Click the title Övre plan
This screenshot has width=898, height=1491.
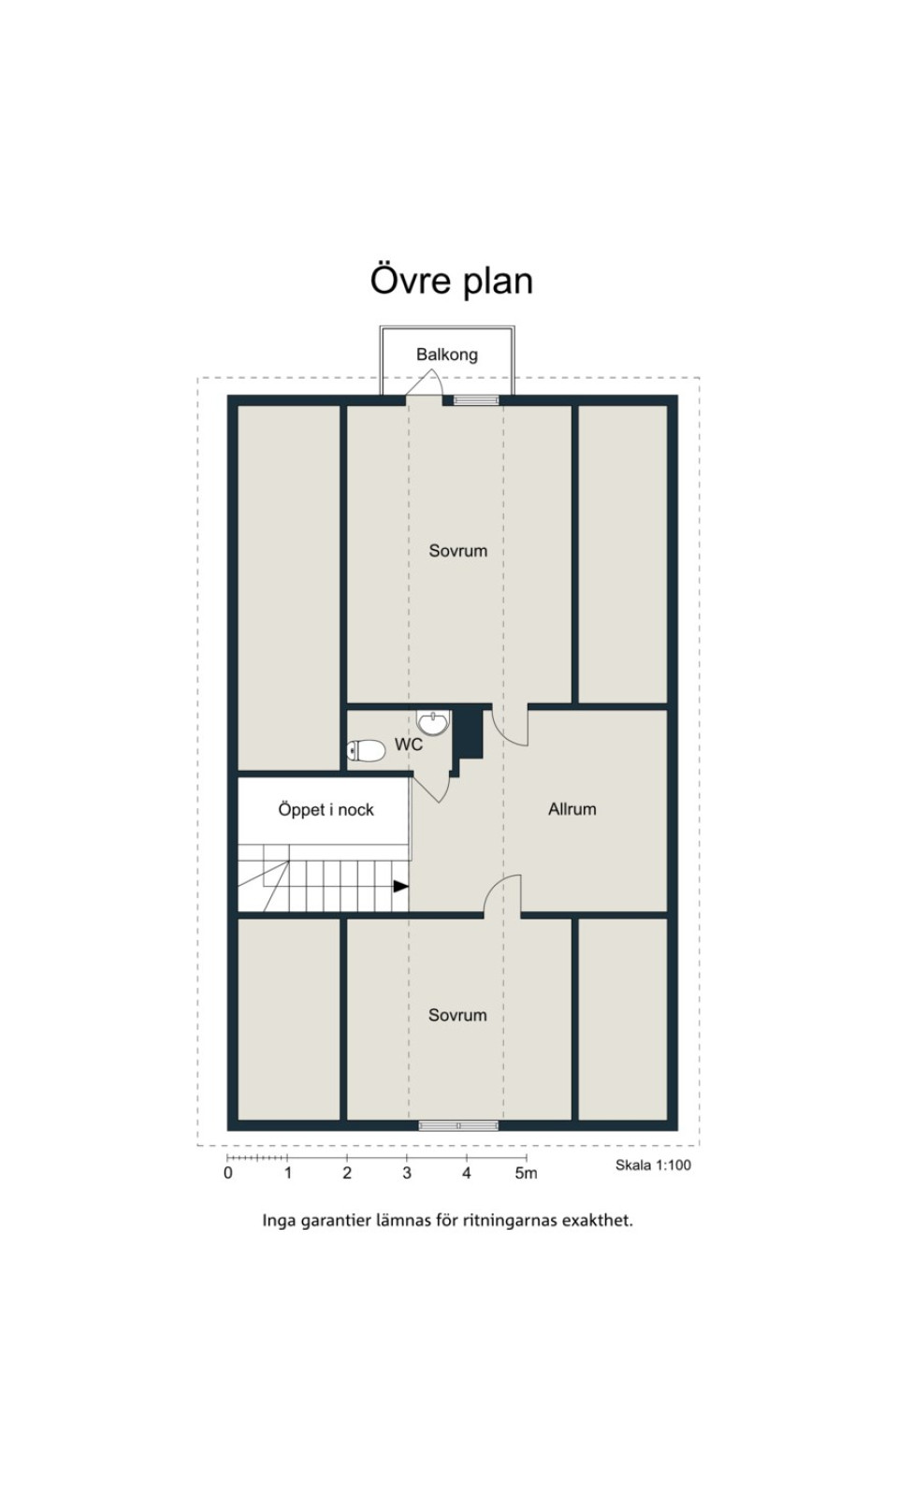451,281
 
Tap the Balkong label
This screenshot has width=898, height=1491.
447,355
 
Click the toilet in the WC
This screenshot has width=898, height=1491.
366,751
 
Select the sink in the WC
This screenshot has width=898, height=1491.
433,722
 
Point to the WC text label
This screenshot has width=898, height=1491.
408,745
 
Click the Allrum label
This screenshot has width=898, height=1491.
572,809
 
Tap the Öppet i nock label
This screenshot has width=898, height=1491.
326,810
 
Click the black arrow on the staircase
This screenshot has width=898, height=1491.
400,886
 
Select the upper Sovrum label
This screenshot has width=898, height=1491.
457,550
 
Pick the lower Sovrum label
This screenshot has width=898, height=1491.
457,1015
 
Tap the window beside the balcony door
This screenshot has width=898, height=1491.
476,400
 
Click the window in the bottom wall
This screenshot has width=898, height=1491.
458,1125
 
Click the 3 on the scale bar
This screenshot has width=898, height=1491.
407,1173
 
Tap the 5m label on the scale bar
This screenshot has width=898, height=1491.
526,1173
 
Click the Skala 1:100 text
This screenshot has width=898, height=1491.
653,1165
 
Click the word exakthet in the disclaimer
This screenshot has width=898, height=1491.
598,1221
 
